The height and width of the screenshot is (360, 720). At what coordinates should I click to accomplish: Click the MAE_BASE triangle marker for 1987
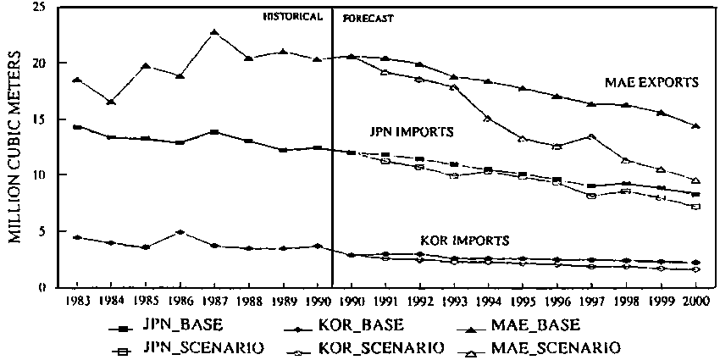[x=214, y=32]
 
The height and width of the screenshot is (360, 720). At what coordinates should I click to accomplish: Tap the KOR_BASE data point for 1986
[x=180, y=231]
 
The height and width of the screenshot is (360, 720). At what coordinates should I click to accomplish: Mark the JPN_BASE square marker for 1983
[x=77, y=127]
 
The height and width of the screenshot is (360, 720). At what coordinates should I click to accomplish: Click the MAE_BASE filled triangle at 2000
[x=695, y=126]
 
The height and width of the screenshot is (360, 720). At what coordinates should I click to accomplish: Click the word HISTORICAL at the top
[x=293, y=16]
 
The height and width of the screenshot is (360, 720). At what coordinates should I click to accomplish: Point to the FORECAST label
[x=367, y=17]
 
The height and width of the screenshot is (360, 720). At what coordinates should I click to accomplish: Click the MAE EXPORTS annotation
[x=651, y=83]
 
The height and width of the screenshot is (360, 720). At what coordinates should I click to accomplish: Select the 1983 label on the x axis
[x=77, y=302]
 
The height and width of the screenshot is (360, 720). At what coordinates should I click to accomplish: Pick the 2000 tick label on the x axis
[x=695, y=302]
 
